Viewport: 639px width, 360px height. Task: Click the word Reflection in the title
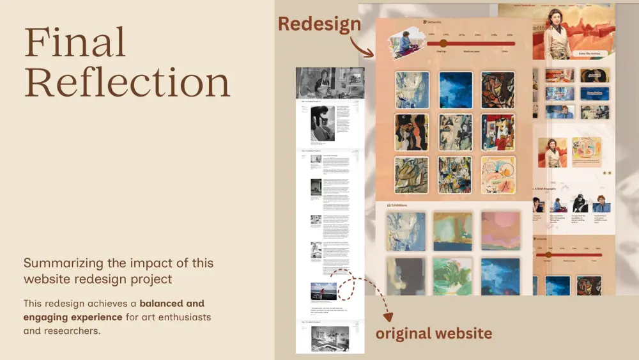point(127,82)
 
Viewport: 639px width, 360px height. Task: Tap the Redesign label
point(319,24)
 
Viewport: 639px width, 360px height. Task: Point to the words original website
point(433,333)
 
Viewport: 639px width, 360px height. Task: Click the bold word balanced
point(163,303)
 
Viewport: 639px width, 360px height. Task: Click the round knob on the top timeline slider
point(443,43)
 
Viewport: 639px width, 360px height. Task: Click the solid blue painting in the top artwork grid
point(456,90)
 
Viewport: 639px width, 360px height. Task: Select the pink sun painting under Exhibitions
point(500,231)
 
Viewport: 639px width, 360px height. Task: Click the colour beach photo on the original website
point(323,291)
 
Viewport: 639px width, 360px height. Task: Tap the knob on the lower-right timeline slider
point(548,254)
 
